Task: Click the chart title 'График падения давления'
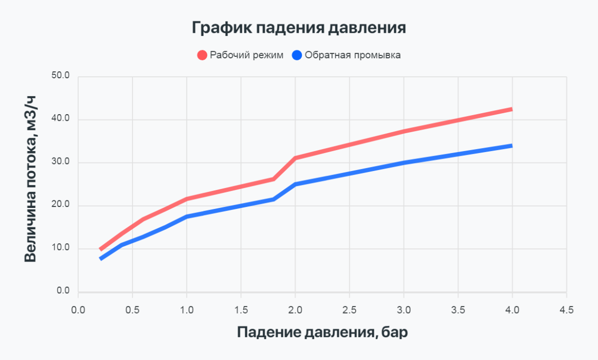click(299, 27)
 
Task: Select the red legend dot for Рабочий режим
click(202, 55)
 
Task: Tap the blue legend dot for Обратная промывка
click(297, 55)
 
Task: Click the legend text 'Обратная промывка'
click(352, 55)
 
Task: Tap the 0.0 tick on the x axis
click(78, 310)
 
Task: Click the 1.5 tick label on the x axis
click(241, 310)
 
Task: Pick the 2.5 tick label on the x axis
click(349, 310)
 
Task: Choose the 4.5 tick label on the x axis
click(566, 310)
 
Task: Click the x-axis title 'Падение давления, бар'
click(322, 332)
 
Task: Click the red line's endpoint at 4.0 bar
click(511, 109)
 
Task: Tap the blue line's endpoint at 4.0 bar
click(511, 146)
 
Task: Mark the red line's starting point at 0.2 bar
click(101, 249)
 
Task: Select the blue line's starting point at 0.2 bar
click(101, 259)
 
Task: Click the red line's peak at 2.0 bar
click(295, 158)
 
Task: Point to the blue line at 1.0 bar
click(187, 216)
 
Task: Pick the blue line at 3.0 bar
click(404, 163)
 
